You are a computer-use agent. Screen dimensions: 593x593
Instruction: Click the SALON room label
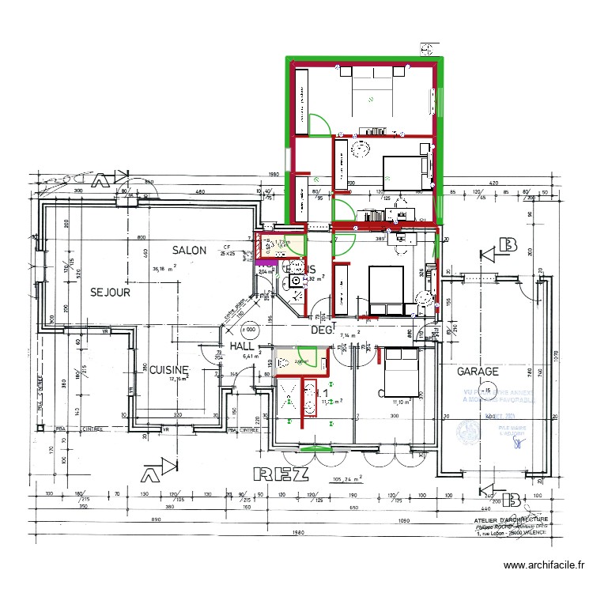pyautogui.click(x=191, y=251)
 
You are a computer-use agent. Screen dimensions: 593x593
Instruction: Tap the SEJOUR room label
pyautogui.click(x=110, y=292)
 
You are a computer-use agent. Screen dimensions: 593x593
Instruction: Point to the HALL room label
pyautogui.click(x=241, y=346)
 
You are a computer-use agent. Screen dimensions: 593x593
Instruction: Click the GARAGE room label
pyautogui.click(x=477, y=371)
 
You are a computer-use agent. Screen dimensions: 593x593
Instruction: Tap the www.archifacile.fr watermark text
pyautogui.click(x=545, y=565)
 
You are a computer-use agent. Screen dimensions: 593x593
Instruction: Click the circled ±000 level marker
pyautogui.click(x=248, y=329)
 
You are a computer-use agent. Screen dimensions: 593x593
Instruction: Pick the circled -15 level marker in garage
pyautogui.click(x=487, y=391)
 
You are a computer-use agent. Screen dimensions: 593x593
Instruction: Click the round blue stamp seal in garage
pyautogui.click(x=469, y=431)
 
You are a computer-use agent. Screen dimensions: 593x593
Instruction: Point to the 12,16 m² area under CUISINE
pyautogui.click(x=180, y=379)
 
